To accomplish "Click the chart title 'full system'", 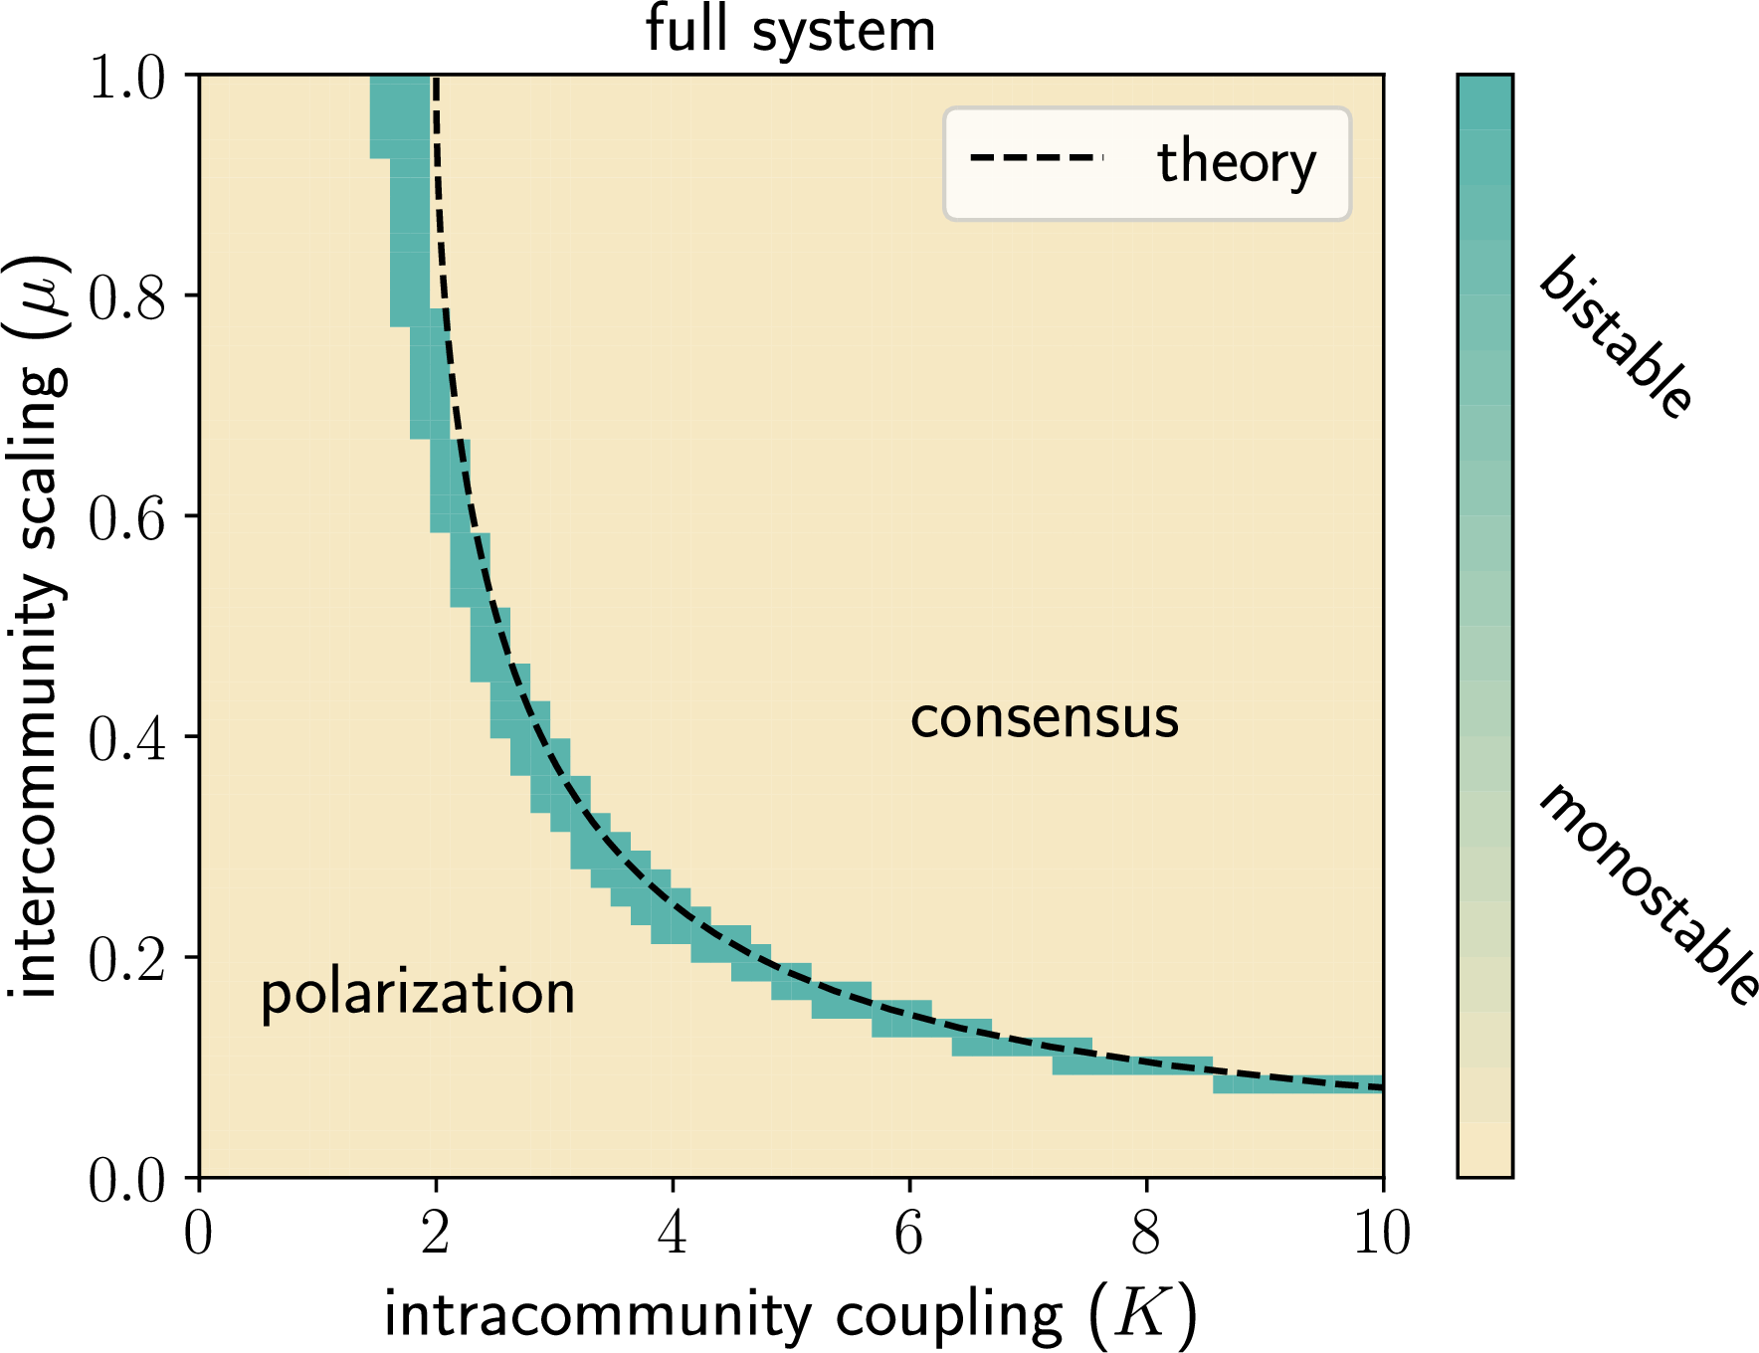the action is coord(791,30).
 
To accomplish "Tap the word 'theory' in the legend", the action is coord(1237,162).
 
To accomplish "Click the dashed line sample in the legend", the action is coord(1038,158).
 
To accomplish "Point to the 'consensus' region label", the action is coord(1045,718).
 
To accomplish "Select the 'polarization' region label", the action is coord(418,994).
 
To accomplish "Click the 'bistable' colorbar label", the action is coord(1616,336).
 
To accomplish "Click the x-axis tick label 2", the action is coord(436,1234).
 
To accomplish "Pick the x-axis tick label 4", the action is coord(673,1234).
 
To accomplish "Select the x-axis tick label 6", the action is coord(909,1234).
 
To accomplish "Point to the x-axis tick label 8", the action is coord(1146,1234).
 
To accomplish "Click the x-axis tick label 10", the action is coord(1383,1234).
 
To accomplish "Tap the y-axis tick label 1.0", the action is coord(127,78).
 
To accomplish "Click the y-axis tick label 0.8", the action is coord(127,296).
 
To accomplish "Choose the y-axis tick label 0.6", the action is coord(127,517).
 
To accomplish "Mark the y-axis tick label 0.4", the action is coord(127,738).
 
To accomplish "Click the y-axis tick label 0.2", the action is coord(127,959).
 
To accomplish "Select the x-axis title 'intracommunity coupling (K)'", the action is coord(791,1315).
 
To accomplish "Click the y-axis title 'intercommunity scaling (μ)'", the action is coord(38,627).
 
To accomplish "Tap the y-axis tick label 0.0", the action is coord(127,1180).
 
